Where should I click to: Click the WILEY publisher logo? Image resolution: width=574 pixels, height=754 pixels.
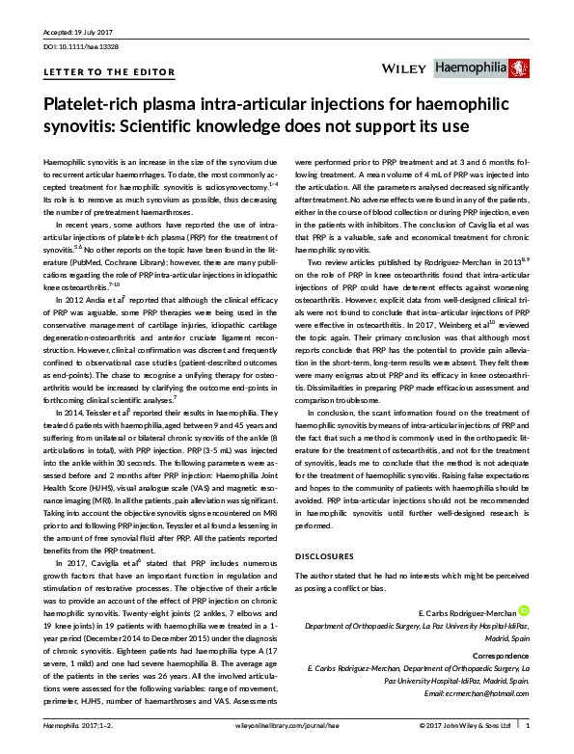click(x=404, y=68)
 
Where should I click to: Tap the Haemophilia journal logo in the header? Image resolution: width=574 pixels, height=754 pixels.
click(x=478, y=68)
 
